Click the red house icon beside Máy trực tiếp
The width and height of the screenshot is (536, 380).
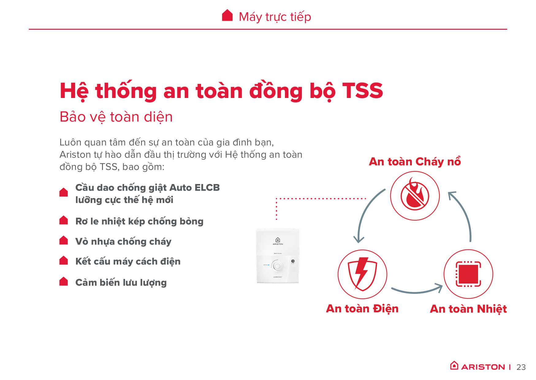coord(227,15)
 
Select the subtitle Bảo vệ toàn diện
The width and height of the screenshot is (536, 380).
coord(116,117)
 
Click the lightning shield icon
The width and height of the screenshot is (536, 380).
coord(362,273)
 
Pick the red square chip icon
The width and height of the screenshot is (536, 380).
coord(468,274)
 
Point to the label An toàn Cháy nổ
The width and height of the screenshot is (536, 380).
coord(415,162)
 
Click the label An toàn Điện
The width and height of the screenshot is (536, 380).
coord(362,309)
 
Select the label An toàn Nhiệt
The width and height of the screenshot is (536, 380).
coord(468,309)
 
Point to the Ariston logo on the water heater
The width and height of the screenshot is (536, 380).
coord(278,241)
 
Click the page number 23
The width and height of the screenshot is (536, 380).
coord(521,367)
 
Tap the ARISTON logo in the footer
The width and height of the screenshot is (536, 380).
coord(477,366)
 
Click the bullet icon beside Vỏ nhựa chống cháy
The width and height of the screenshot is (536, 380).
coord(63,240)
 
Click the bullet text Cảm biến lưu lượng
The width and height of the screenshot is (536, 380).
coord(121,283)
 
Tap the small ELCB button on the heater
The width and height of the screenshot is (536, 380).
coord(293,261)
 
